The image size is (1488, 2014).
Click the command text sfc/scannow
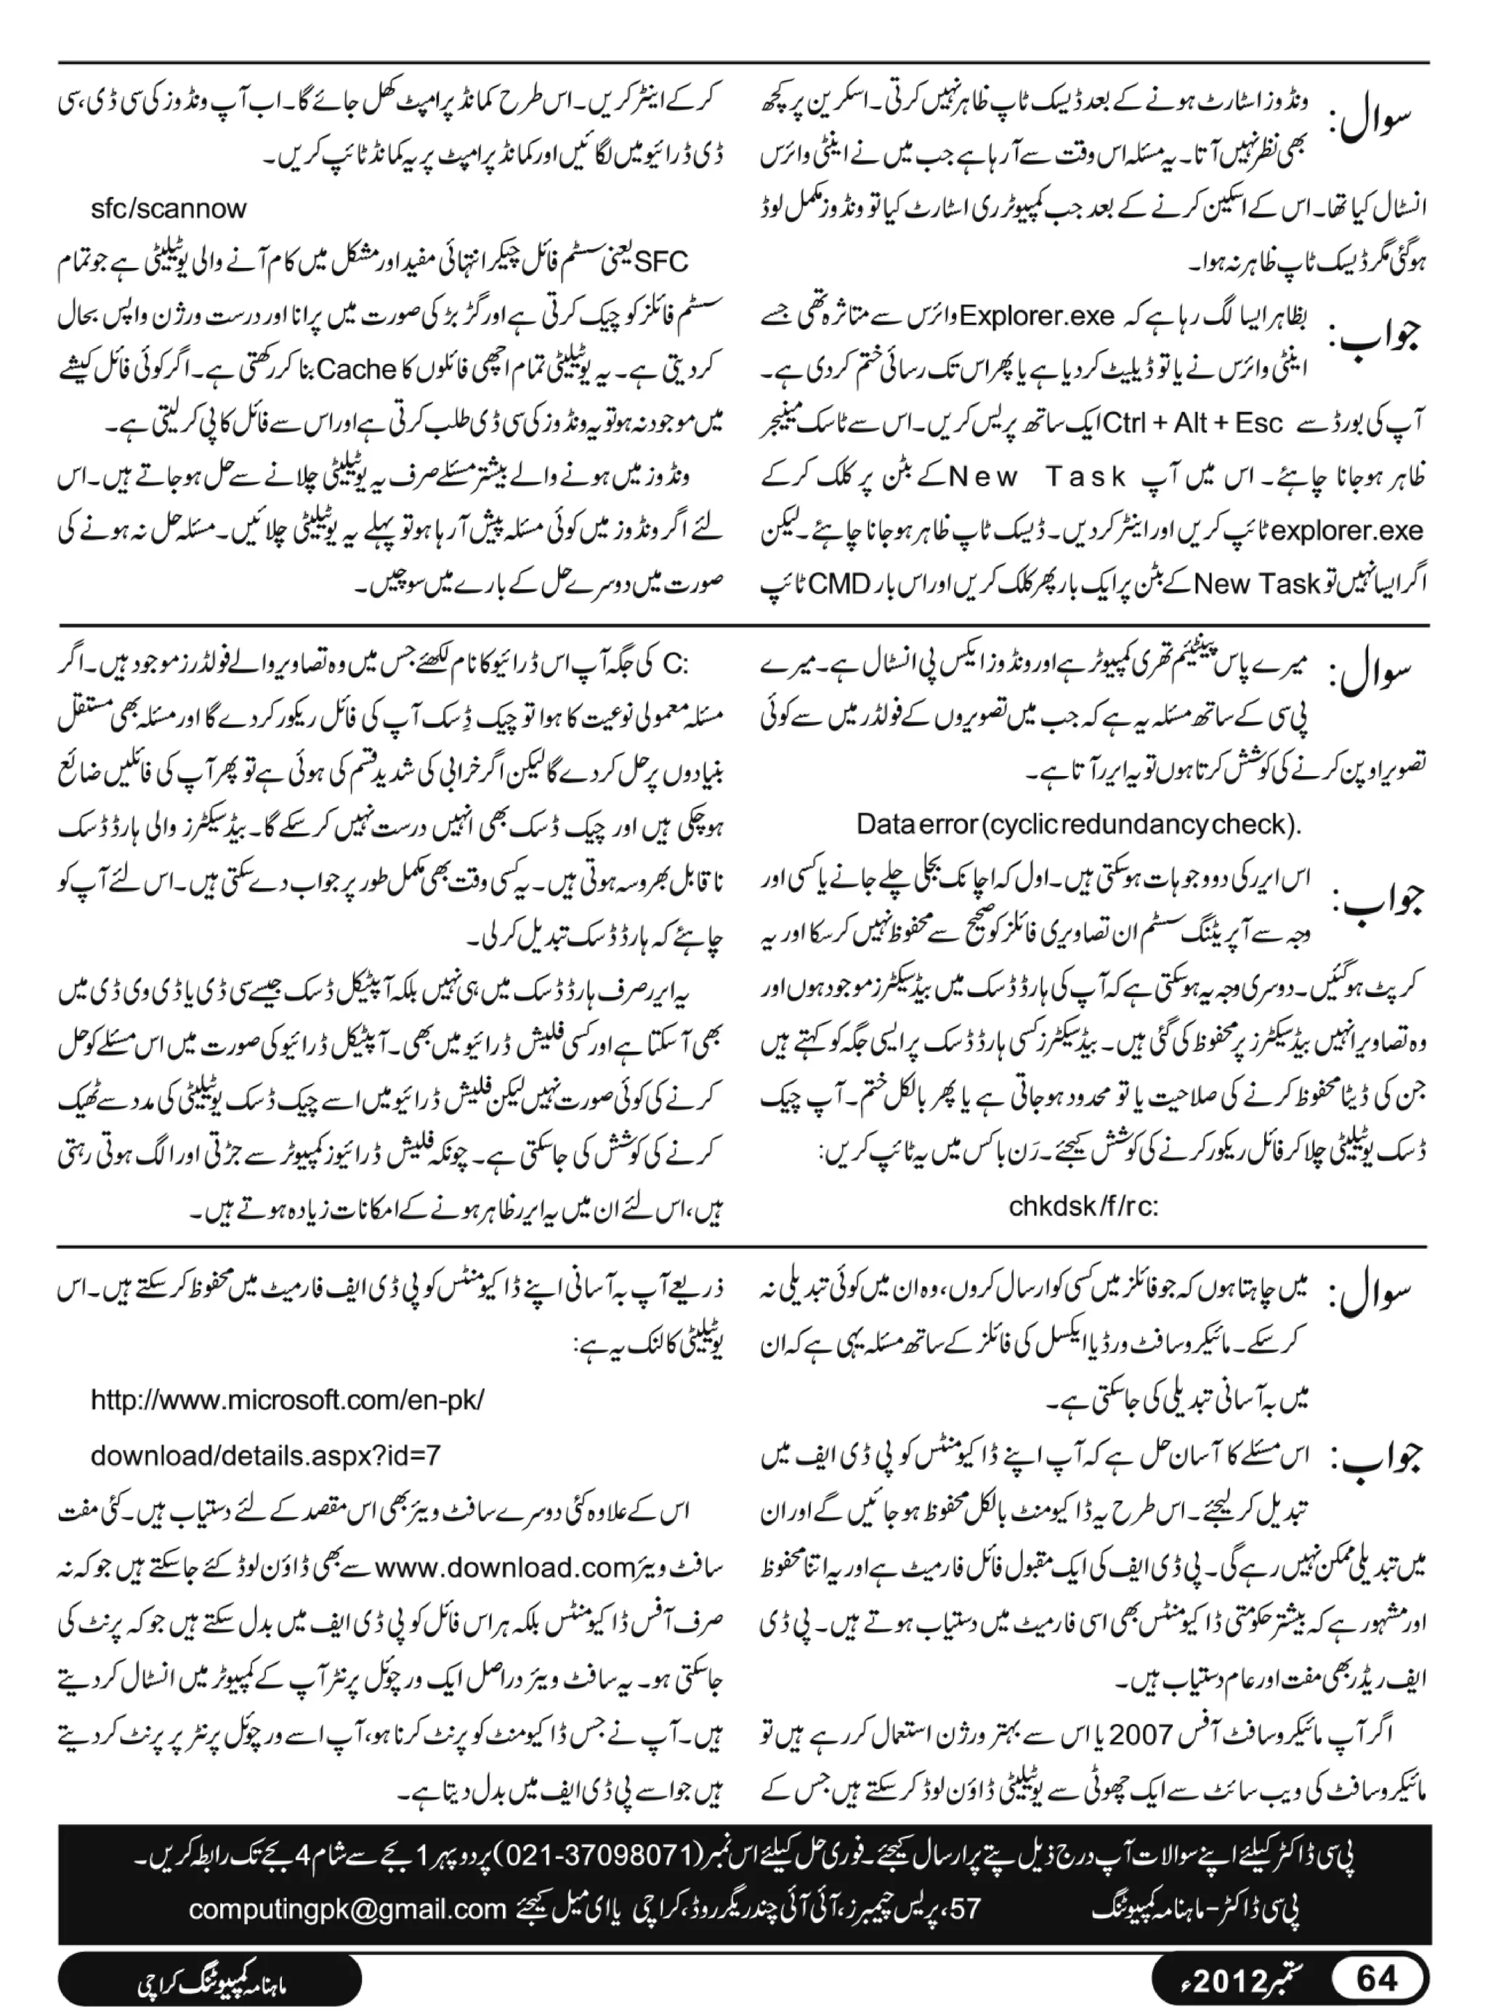(x=169, y=209)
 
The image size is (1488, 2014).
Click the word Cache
(x=358, y=371)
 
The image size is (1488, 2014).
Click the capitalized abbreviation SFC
(x=661, y=262)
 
